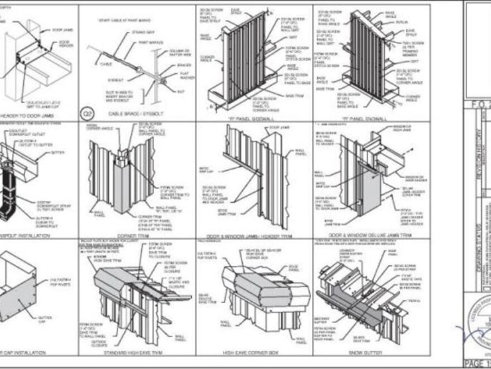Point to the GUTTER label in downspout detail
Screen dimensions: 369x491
coord(59,152)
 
